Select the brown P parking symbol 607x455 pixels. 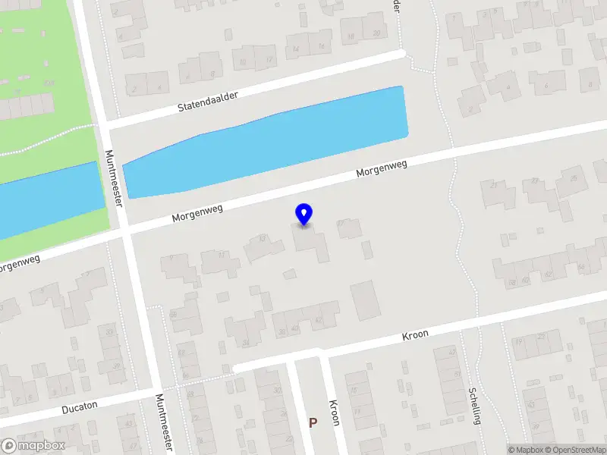tap(312, 422)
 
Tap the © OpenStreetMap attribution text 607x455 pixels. tap(575, 450)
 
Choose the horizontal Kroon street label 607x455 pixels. tap(415, 334)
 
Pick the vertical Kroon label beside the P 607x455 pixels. tap(334, 414)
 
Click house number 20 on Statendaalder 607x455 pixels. tap(376, 33)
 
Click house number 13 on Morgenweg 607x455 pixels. tap(263, 238)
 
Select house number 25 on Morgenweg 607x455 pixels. tap(573, 178)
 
